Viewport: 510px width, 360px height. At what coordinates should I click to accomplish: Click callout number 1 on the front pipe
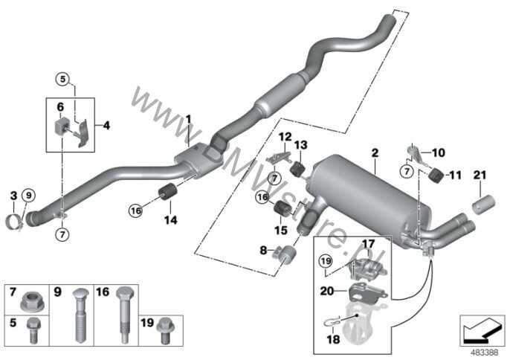point(189,119)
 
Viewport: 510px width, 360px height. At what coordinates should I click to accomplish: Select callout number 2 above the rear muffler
point(375,152)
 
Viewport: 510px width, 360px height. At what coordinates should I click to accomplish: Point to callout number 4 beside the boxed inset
point(106,126)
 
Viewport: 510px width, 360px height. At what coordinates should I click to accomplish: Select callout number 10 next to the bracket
point(438,153)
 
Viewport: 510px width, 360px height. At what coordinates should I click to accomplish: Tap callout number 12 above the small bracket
point(285,136)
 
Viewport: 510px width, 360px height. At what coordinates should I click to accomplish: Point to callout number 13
point(301,145)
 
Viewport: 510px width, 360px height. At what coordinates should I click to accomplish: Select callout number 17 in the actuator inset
point(369,243)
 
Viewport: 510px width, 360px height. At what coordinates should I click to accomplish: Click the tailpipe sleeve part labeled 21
point(484,205)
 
